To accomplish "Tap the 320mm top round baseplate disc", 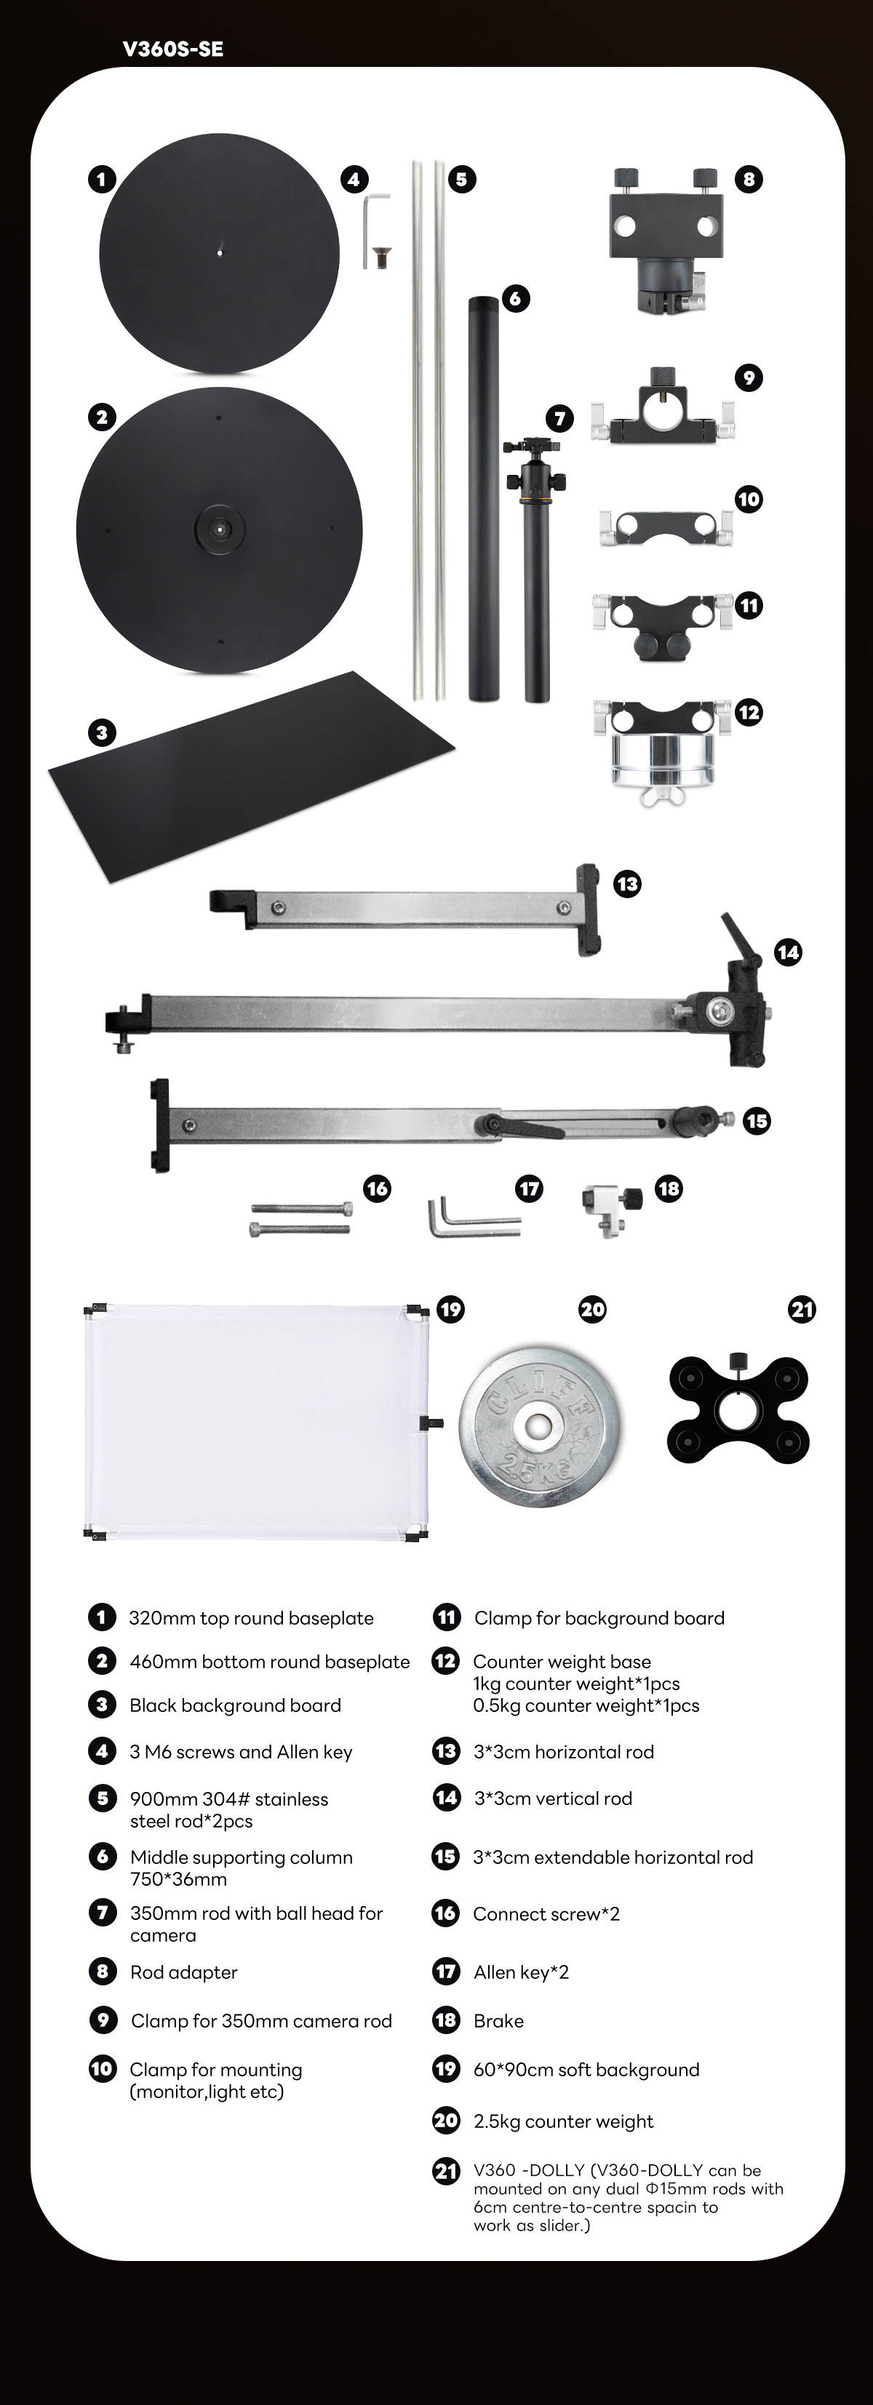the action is coord(220,253).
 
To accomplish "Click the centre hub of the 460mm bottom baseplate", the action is coord(218,529).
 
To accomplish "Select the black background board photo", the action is coord(251,777).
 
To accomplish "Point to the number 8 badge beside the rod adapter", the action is coord(749,179).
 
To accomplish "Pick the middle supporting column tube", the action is coord(484,499).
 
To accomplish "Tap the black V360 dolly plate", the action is coord(738,1409).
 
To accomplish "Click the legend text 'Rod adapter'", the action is coord(183,1972).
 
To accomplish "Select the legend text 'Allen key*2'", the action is coord(521,1972).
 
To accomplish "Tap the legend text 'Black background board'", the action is coord(235,1705).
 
